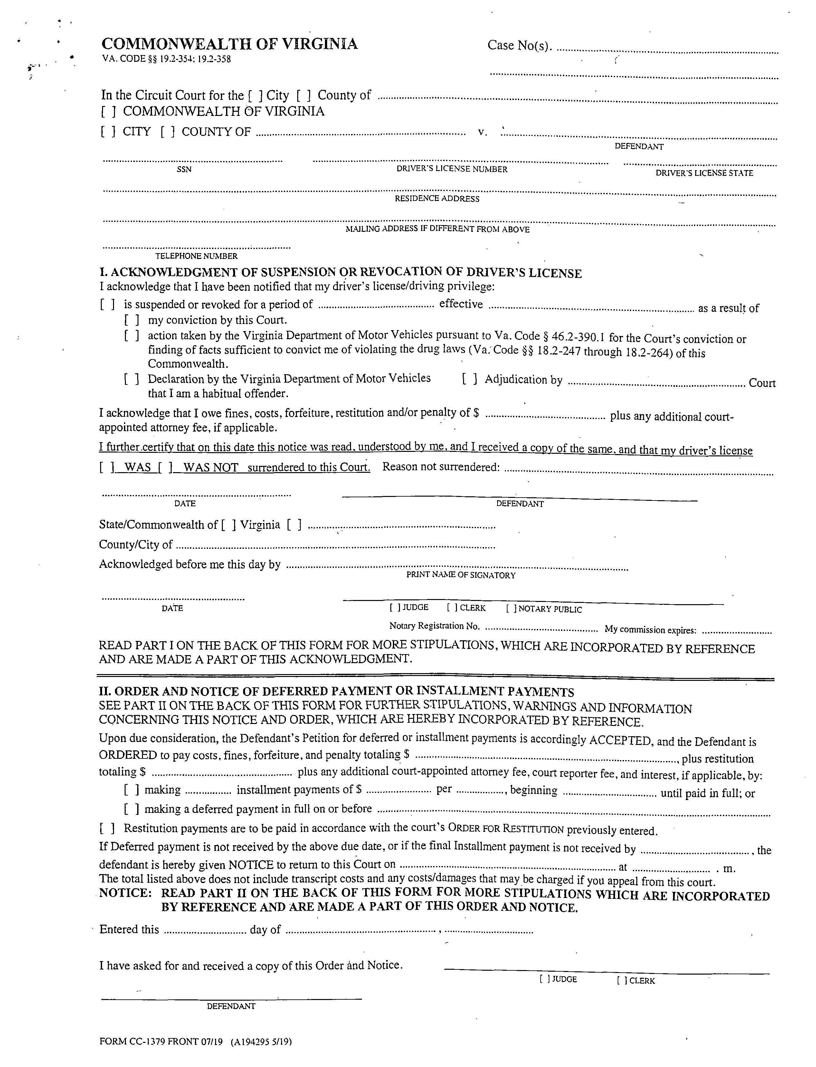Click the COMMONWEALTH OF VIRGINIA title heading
(x=229, y=44)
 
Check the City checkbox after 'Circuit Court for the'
(x=255, y=96)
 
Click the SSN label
(x=184, y=169)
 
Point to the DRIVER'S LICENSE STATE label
(x=704, y=173)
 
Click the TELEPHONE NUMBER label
(x=196, y=256)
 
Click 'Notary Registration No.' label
(x=434, y=626)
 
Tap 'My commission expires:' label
(x=650, y=630)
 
